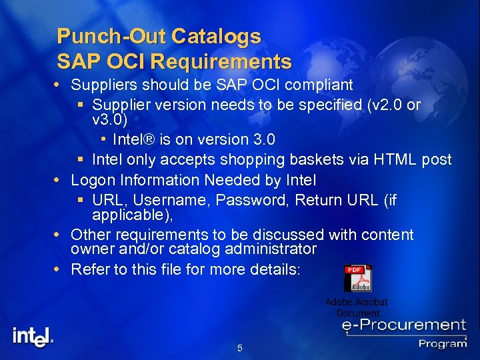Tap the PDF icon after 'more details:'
pos(357,278)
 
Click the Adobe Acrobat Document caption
pos(357,307)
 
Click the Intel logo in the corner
pos(33,336)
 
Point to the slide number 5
pos(240,348)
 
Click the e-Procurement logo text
pos(403,326)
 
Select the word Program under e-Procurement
pos(443,343)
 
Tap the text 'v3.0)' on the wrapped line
pos(109,120)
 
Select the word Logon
pos(92,180)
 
